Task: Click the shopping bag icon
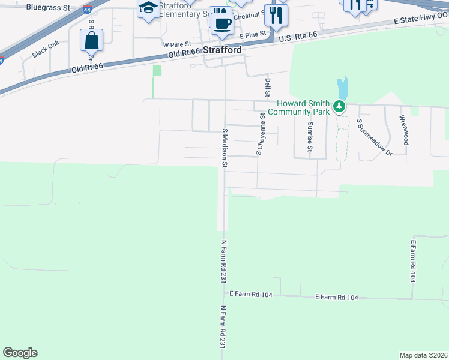(x=91, y=40)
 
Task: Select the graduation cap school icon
(x=147, y=8)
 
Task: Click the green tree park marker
(x=340, y=107)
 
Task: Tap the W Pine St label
(x=176, y=44)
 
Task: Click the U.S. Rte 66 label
(x=298, y=37)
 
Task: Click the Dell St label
(x=268, y=87)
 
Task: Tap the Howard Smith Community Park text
(x=299, y=107)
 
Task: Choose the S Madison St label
(x=225, y=147)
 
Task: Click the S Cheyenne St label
(x=261, y=136)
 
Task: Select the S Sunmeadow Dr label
(x=373, y=137)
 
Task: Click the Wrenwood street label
(x=405, y=130)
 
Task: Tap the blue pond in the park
(x=342, y=89)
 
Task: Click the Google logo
(x=20, y=353)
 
